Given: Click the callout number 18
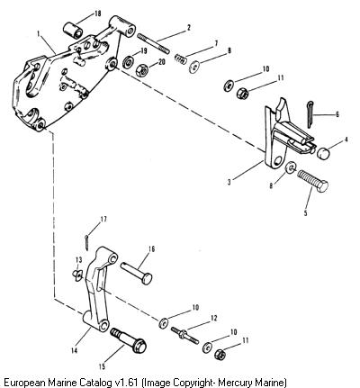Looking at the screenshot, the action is [x=97, y=14].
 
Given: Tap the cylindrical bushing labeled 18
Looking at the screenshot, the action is [x=74, y=30].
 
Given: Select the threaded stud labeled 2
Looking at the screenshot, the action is [x=153, y=44].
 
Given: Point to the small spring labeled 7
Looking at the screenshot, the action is [x=181, y=59].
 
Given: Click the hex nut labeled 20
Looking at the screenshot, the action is [x=141, y=71].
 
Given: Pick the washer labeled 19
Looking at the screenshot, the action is [x=129, y=62].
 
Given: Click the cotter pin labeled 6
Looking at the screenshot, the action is [x=310, y=114].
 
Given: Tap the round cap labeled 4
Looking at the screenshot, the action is [x=323, y=153].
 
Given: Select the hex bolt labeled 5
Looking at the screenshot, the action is [x=313, y=181].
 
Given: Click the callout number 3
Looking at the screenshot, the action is [x=229, y=182].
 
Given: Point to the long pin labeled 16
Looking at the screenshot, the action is [x=137, y=273].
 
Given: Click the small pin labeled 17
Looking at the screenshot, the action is [x=86, y=242].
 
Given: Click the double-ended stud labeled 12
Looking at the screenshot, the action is [x=184, y=336].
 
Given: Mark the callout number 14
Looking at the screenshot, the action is [x=74, y=350].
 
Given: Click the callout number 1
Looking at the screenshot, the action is [x=38, y=33].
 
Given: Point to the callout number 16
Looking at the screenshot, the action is [x=151, y=248].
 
